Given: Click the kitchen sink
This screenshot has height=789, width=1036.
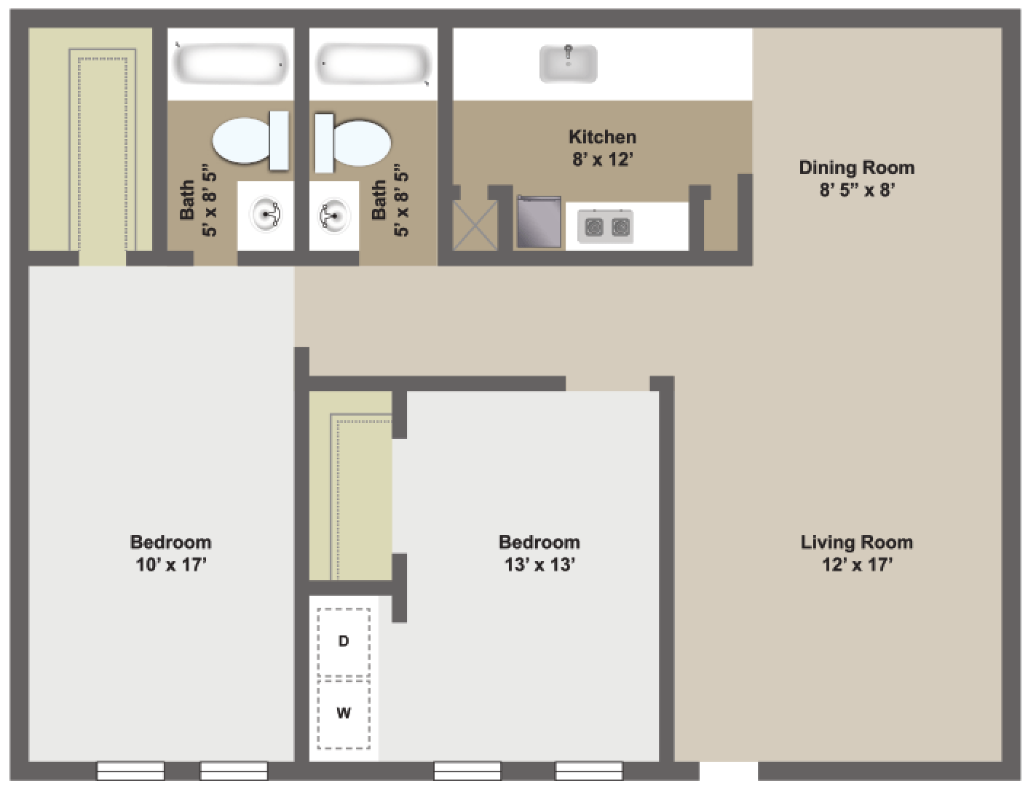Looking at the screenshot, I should pyautogui.click(x=568, y=63).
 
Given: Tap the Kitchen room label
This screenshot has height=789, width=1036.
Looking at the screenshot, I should pyautogui.click(x=602, y=137).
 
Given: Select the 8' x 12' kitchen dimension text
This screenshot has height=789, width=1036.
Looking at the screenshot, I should pyautogui.click(x=602, y=159).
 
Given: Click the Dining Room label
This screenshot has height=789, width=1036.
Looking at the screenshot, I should pyautogui.click(x=856, y=167).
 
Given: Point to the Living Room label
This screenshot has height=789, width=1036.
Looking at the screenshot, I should pyautogui.click(x=856, y=542).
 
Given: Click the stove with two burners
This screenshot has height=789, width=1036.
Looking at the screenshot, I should pyautogui.click(x=606, y=227).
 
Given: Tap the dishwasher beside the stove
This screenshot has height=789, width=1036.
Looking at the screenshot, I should pyautogui.click(x=539, y=222).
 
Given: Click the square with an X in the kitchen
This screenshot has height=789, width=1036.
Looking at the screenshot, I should pyautogui.click(x=475, y=226).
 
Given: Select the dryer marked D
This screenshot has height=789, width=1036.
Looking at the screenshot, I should pyautogui.click(x=344, y=641).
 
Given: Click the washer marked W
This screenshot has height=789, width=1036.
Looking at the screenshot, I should pyautogui.click(x=344, y=713).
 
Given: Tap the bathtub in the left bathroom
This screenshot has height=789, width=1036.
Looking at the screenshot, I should pyautogui.click(x=230, y=63).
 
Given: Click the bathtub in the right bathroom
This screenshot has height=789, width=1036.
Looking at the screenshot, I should pyautogui.click(x=373, y=63).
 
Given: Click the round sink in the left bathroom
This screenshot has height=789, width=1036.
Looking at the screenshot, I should pyautogui.click(x=266, y=215).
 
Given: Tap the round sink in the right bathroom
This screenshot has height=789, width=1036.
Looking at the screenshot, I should pyautogui.click(x=334, y=215).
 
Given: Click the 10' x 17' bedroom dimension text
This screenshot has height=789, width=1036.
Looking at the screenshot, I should pyautogui.click(x=171, y=564).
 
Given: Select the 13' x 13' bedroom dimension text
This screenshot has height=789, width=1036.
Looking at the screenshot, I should pyautogui.click(x=539, y=564).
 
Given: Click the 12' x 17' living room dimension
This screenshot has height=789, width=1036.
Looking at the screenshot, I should pyautogui.click(x=857, y=564).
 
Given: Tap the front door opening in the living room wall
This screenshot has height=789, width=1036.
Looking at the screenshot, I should pyautogui.click(x=728, y=770).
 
